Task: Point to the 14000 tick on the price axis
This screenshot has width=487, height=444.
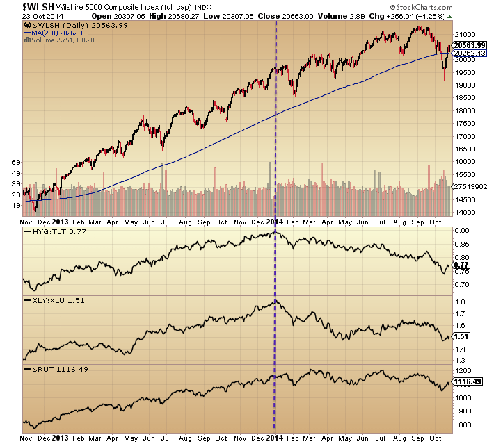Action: click(x=463, y=212)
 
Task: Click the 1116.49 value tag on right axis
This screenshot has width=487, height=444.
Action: click(x=467, y=381)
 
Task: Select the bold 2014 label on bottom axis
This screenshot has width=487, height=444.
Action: click(x=276, y=438)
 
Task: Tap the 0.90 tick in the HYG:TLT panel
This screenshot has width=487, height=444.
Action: click(x=461, y=231)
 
